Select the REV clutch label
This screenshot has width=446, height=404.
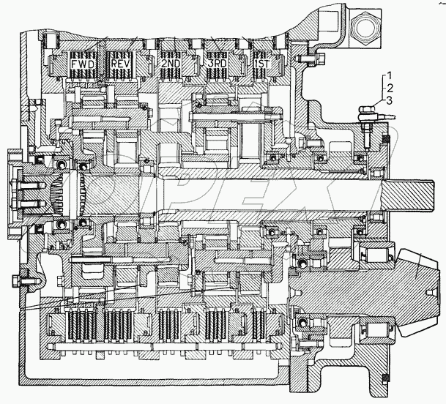click(120, 63)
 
